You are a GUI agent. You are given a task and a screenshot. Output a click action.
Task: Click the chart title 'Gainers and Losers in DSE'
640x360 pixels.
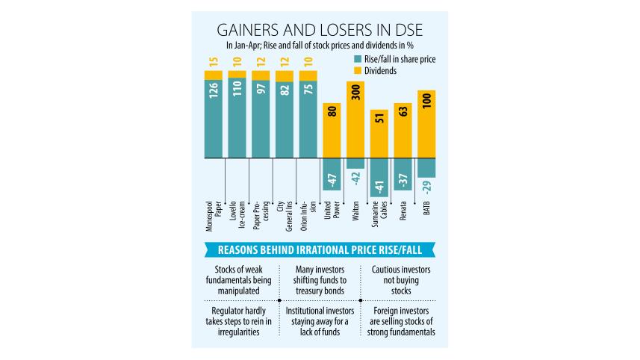click(319, 30)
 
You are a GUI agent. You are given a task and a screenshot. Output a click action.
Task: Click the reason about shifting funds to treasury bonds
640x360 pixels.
click(319, 279)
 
